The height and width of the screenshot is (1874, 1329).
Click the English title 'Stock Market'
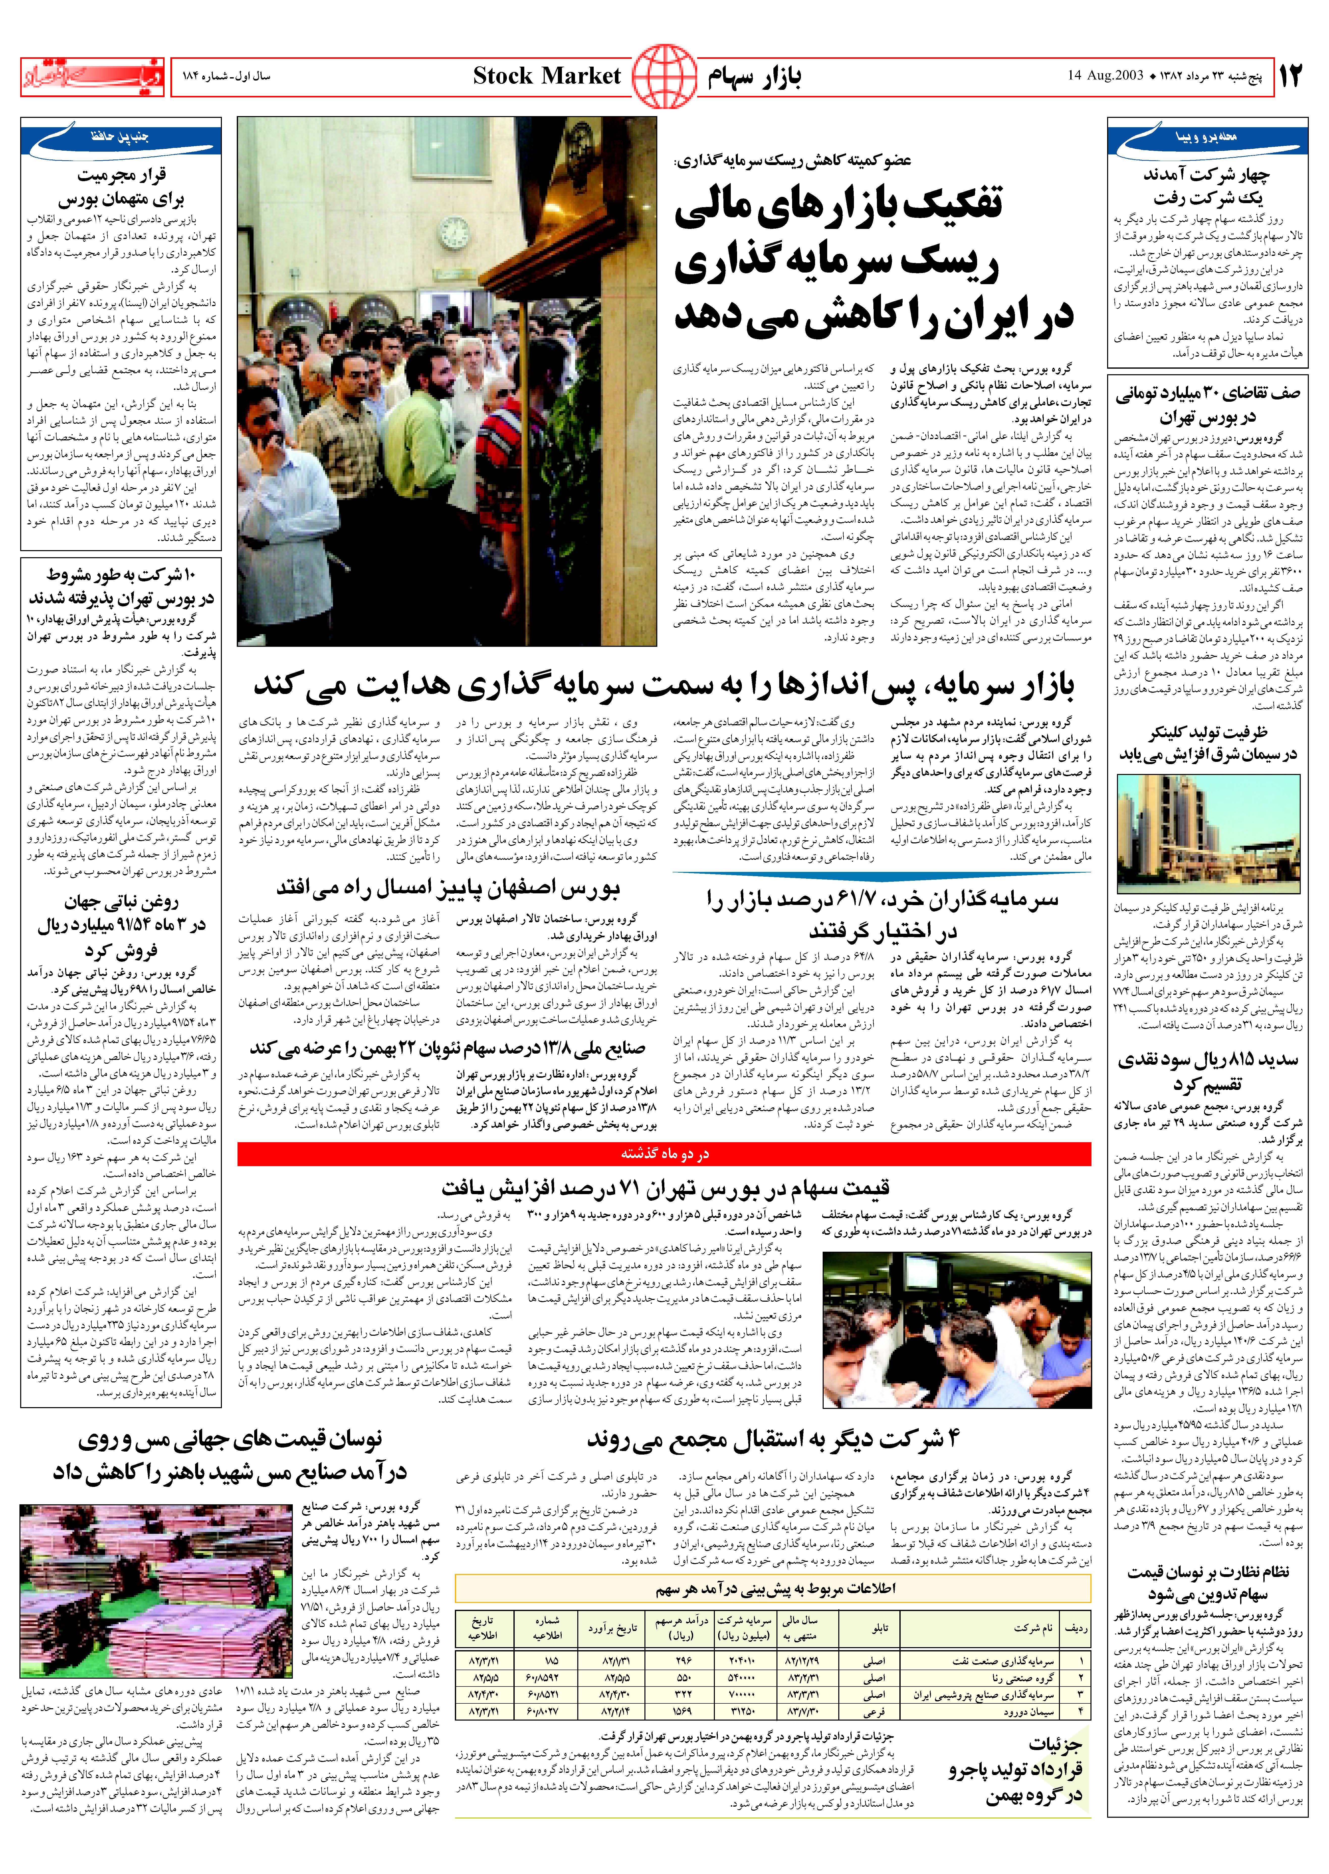tap(547, 77)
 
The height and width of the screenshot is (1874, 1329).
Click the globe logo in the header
tap(664, 77)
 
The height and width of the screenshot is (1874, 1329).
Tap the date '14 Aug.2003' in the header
tap(1105, 77)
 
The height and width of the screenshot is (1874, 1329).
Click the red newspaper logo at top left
tap(92, 77)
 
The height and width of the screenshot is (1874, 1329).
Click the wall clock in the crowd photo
tap(454, 233)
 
